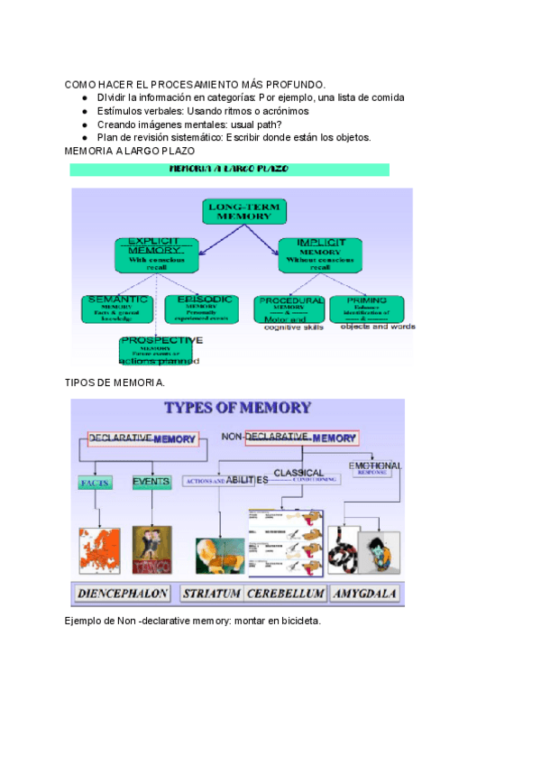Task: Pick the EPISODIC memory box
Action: [200, 309]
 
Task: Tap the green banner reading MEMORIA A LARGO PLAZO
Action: [229, 170]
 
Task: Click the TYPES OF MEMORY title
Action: [237, 408]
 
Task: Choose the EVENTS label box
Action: [151, 482]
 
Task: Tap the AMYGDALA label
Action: [366, 594]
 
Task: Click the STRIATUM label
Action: [210, 594]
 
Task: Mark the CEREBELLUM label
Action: [286, 594]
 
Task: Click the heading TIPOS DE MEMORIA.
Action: [115, 382]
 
